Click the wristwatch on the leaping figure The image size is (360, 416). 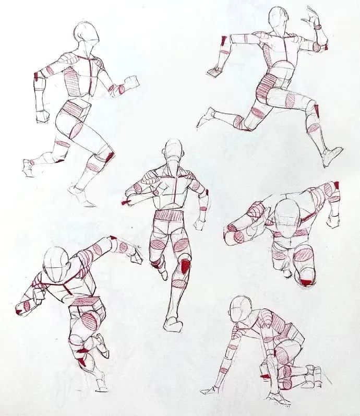coord(318,26)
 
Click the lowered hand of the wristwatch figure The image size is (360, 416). coord(214,72)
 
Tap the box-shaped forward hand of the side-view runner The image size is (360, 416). coord(130,82)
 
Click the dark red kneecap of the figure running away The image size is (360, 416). coord(185,266)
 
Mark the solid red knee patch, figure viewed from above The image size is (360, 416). coord(307,282)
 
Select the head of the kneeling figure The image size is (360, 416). coord(241,310)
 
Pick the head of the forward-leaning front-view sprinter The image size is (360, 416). coord(55,262)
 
